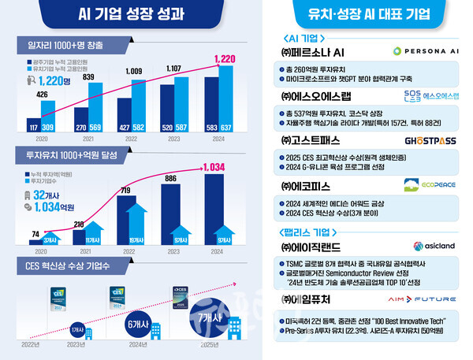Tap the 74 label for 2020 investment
tap(35, 233)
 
